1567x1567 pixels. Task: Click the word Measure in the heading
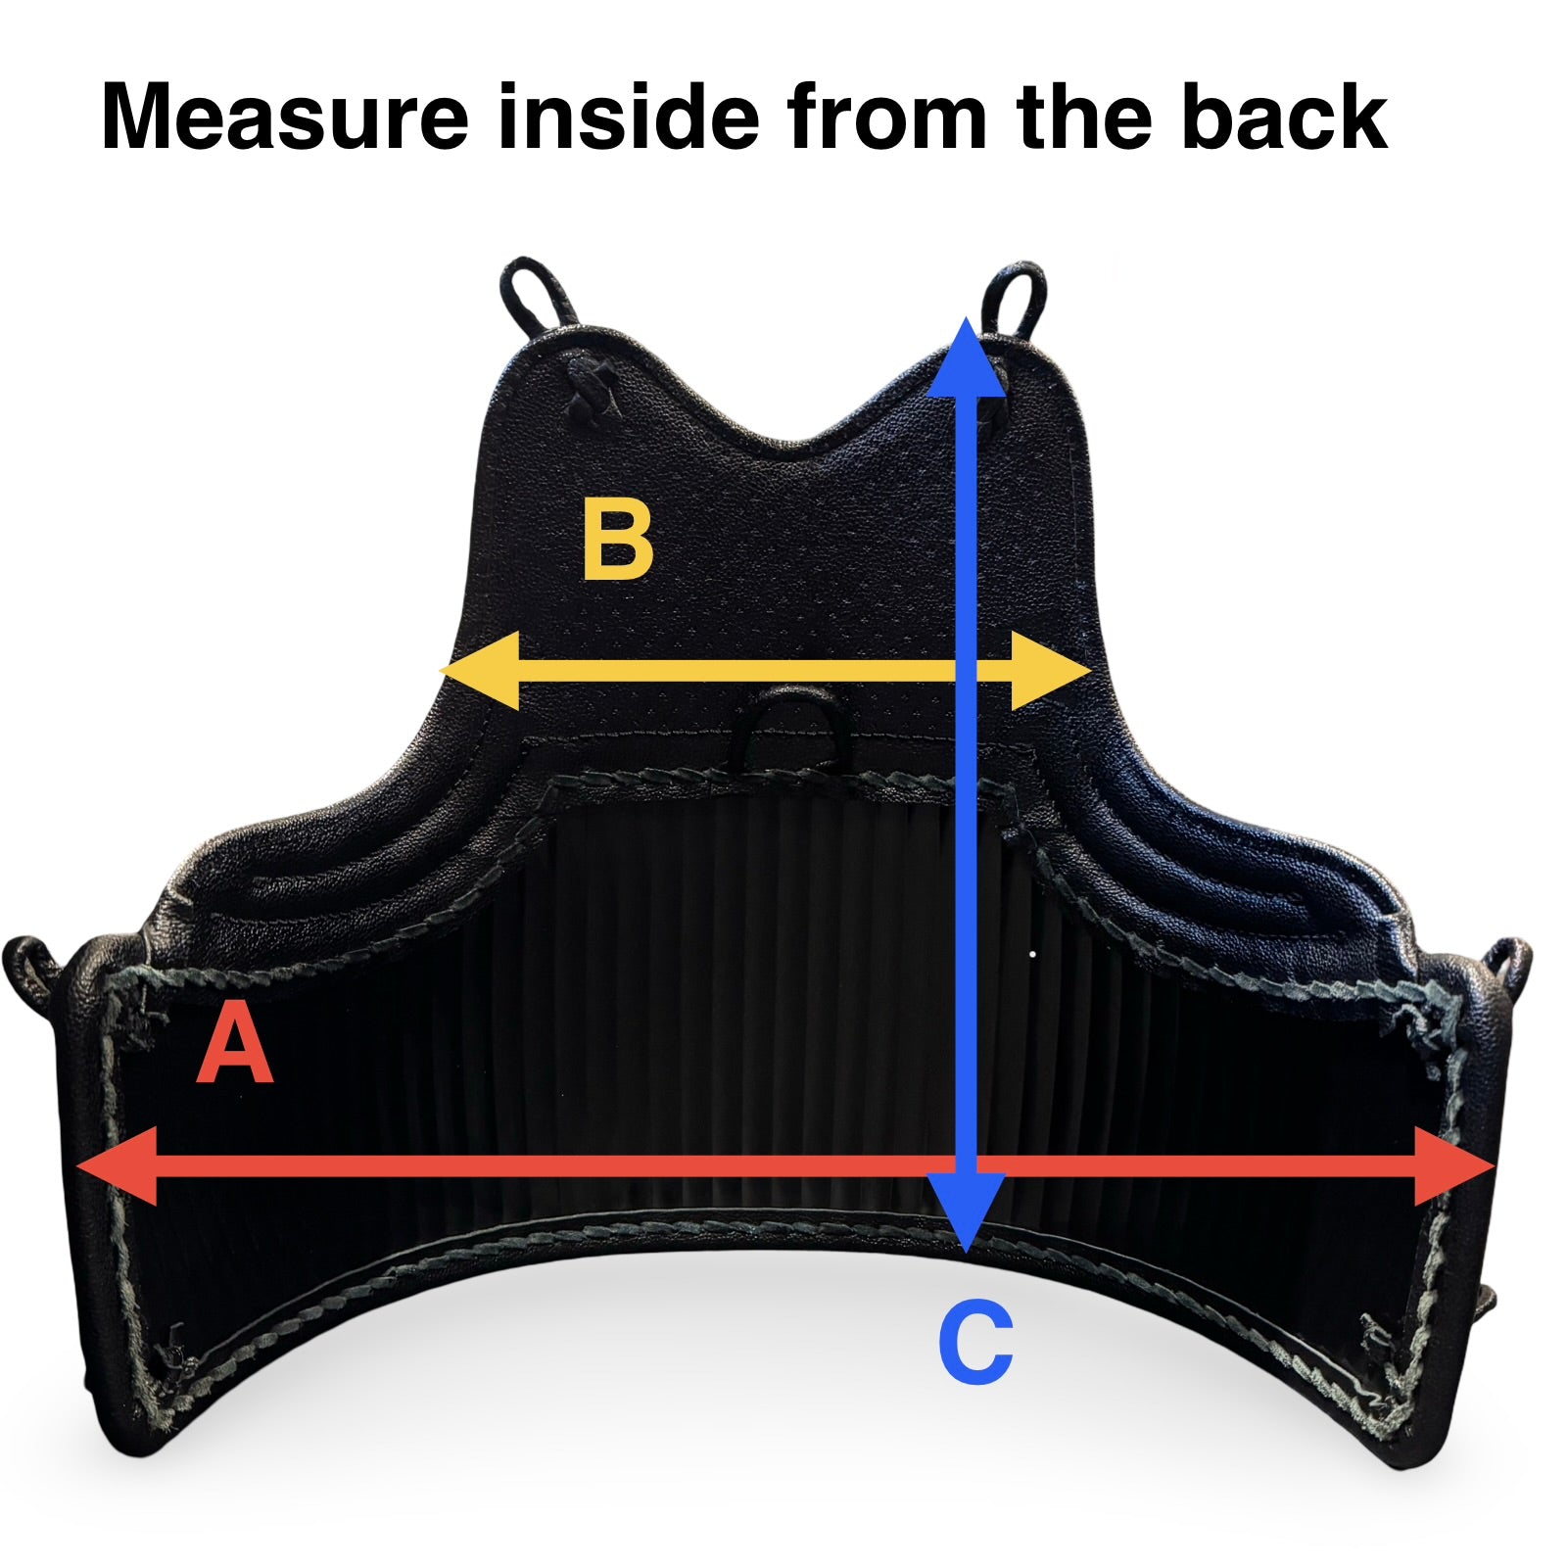click(285, 117)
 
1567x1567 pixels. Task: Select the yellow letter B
click(617, 540)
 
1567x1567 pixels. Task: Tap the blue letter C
click(974, 1342)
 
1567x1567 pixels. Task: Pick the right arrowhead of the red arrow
click(1455, 1166)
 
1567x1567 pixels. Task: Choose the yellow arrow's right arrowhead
click(1052, 671)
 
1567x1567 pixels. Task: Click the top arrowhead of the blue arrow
click(967, 357)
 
